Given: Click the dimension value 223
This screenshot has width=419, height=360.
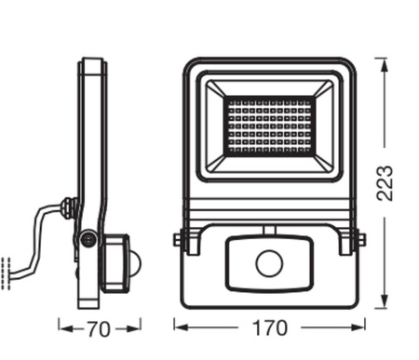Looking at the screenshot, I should point(383,183).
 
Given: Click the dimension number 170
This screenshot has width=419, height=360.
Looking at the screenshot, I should point(270,328).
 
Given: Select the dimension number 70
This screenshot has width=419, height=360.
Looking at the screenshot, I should point(100,328).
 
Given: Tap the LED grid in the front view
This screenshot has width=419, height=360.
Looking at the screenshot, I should point(270,125).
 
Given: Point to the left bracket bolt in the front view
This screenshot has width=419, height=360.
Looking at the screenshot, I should point(180,240).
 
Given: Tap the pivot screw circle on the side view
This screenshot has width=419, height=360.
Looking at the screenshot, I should point(88,240).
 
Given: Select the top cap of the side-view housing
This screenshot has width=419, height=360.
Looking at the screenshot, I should point(92,62).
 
